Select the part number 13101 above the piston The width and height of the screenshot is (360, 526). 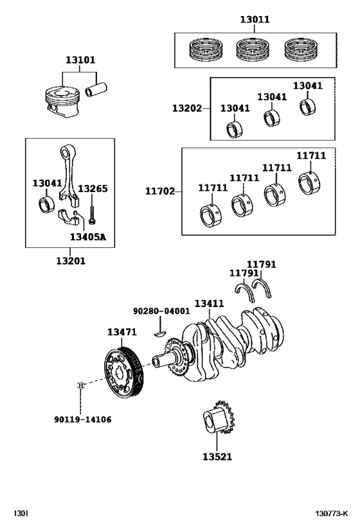coord(80,60)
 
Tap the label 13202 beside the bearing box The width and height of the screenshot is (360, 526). coord(186,109)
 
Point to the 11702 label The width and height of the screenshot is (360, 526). coord(159,191)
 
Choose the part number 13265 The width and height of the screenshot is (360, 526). coord(93,189)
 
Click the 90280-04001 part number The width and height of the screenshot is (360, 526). coord(161,311)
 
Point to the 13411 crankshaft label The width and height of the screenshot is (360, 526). coord(209,302)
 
